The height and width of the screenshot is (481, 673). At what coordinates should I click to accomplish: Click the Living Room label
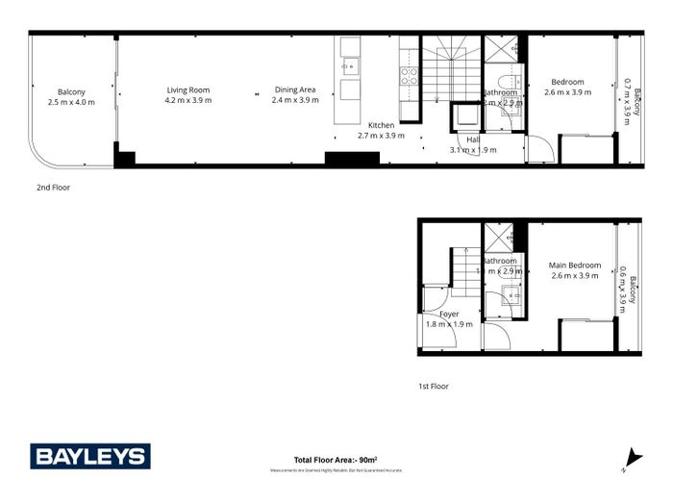(x=187, y=89)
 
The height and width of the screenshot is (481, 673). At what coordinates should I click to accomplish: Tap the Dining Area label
(x=294, y=89)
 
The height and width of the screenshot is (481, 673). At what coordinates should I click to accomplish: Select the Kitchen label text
(x=382, y=125)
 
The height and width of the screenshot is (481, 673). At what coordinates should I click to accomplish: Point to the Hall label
(x=473, y=140)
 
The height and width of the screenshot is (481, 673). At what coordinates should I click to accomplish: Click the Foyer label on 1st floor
(x=449, y=315)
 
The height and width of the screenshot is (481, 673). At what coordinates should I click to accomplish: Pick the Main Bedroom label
(x=575, y=266)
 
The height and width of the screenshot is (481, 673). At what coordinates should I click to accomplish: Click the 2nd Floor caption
(x=53, y=189)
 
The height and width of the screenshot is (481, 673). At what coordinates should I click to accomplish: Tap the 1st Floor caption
(x=433, y=386)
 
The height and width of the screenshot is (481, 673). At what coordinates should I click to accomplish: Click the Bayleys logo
(x=89, y=456)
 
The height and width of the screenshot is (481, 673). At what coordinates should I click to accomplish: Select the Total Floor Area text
(x=335, y=460)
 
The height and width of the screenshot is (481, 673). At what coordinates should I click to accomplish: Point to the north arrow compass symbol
(x=630, y=459)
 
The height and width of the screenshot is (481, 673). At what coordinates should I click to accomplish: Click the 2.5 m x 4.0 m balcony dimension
(x=71, y=101)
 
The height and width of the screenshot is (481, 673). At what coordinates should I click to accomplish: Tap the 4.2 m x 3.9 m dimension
(x=187, y=100)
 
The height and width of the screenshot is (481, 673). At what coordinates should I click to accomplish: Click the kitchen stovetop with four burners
(x=408, y=77)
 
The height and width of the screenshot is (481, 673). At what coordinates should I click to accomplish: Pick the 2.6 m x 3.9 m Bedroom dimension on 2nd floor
(x=567, y=92)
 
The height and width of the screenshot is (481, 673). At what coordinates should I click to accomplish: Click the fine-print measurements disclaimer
(x=335, y=469)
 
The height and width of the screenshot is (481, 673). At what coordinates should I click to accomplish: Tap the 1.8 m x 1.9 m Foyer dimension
(x=449, y=325)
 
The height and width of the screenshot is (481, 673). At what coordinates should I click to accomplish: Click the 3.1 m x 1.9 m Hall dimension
(x=473, y=150)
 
